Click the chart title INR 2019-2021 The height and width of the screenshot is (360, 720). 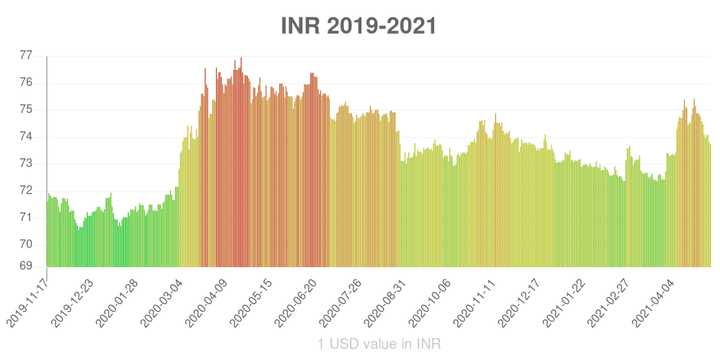359,26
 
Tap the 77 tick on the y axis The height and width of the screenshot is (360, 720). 26,55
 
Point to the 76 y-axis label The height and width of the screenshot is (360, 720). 26,83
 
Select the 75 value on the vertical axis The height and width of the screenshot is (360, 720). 26,109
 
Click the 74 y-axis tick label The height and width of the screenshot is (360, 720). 26,137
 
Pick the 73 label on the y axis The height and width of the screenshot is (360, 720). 26,163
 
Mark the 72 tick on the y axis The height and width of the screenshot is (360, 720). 26,190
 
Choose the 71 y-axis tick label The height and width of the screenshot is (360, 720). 26,217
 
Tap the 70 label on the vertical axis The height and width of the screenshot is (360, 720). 26,244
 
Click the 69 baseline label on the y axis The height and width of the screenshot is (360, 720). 26,266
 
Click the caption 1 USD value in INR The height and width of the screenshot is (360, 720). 379,344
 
